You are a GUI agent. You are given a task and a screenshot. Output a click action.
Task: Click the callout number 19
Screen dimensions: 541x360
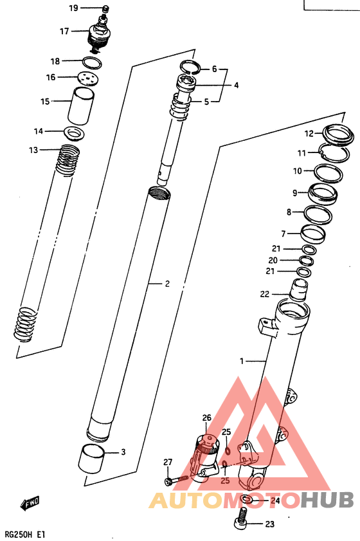(73, 8)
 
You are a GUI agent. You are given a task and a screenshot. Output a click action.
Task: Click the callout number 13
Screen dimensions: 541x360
(33, 150)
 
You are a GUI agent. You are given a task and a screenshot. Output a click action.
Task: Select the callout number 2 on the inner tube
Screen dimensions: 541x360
(166, 283)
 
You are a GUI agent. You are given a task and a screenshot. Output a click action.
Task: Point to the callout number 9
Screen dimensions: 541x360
(294, 192)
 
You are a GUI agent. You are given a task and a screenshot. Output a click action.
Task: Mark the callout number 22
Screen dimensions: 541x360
(264, 294)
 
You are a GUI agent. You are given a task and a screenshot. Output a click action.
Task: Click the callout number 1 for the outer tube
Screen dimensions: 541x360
(242, 362)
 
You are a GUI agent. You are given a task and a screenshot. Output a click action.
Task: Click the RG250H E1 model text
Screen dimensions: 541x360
(24, 534)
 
